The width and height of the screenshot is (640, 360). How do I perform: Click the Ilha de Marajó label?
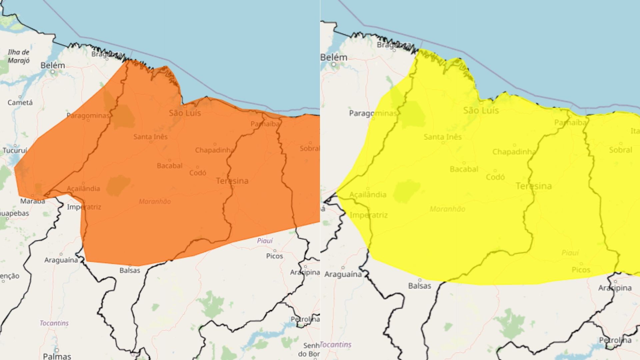(19, 56)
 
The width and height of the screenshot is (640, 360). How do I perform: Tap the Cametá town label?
(20, 103)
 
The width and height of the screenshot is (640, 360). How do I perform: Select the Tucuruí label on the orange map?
(15, 151)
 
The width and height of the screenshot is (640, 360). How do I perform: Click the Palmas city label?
(57, 356)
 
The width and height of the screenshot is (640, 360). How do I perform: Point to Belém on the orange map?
(53, 65)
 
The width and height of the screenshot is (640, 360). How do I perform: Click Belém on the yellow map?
(334, 58)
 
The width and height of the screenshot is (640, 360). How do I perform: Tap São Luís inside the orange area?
(185, 113)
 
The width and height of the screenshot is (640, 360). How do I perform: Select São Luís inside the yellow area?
(481, 110)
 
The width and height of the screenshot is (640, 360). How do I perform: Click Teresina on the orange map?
(232, 181)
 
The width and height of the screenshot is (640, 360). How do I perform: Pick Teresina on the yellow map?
(533, 186)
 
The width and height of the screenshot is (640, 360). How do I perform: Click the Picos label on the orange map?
(274, 256)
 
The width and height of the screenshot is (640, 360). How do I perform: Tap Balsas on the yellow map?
(419, 286)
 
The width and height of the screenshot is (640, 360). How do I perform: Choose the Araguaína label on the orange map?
(61, 260)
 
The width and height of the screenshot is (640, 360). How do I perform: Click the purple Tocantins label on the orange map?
(54, 323)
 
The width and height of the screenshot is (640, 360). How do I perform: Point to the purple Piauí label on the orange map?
(265, 241)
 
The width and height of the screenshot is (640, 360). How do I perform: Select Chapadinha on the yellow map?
(514, 152)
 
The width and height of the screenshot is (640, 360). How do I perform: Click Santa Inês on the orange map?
(150, 137)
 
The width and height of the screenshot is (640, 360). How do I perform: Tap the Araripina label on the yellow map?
(615, 288)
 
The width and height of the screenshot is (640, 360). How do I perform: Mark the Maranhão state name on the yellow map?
(447, 209)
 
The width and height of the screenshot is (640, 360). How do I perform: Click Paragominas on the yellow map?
(373, 113)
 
